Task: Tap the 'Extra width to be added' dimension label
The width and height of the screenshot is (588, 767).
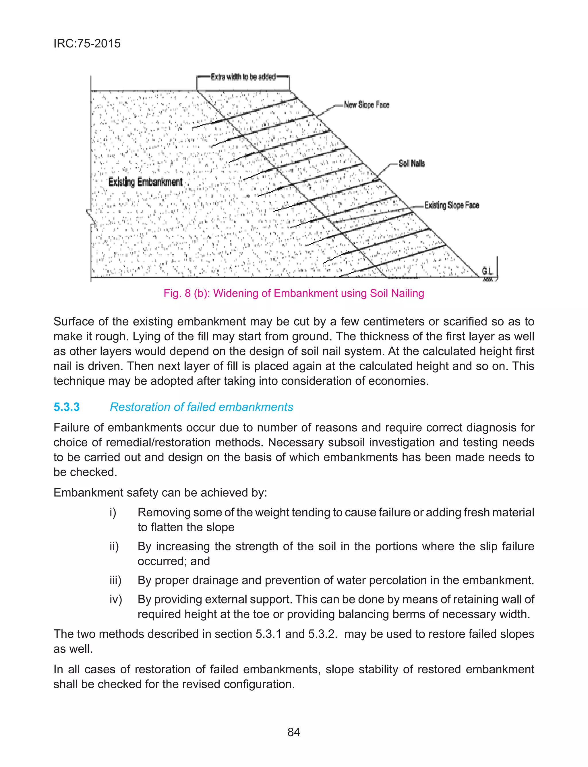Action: (243, 77)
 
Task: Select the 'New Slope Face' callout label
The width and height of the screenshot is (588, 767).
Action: (366, 105)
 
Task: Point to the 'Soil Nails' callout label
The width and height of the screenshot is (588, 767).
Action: (412, 164)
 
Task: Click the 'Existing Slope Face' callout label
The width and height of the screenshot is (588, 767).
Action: (452, 205)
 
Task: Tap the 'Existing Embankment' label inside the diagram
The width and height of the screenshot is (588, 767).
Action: (145, 182)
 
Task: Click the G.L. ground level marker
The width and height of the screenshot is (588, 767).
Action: (487, 272)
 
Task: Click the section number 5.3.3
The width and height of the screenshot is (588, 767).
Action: (67, 407)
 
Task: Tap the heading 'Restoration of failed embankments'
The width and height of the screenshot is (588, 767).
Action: (201, 407)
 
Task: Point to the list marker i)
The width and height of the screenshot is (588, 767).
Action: (113, 512)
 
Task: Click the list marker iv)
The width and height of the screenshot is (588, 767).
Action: (115, 599)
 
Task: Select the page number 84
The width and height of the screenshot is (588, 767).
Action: (293, 732)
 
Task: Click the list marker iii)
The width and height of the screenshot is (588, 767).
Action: (115, 580)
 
